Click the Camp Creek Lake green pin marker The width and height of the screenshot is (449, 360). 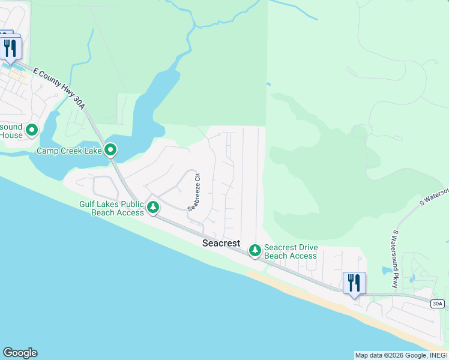[x=110, y=149]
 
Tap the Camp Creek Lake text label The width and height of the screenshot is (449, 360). [x=69, y=151]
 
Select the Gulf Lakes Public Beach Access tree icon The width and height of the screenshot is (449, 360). [x=153, y=208]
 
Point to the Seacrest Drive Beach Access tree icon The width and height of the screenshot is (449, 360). [x=255, y=249]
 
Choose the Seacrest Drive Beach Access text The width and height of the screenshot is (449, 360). [x=291, y=252]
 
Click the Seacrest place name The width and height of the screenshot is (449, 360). [x=221, y=243]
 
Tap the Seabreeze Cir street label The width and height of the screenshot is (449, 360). [x=194, y=193]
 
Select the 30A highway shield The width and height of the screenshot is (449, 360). [x=439, y=304]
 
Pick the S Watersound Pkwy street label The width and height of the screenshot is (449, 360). [x=395, y=258]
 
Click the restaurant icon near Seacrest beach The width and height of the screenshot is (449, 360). [x=354, y=282]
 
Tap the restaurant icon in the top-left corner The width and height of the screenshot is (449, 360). [x=10, y=48]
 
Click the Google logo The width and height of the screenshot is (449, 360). [x=20, y=353]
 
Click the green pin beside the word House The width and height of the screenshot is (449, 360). [x=31, y=129]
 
